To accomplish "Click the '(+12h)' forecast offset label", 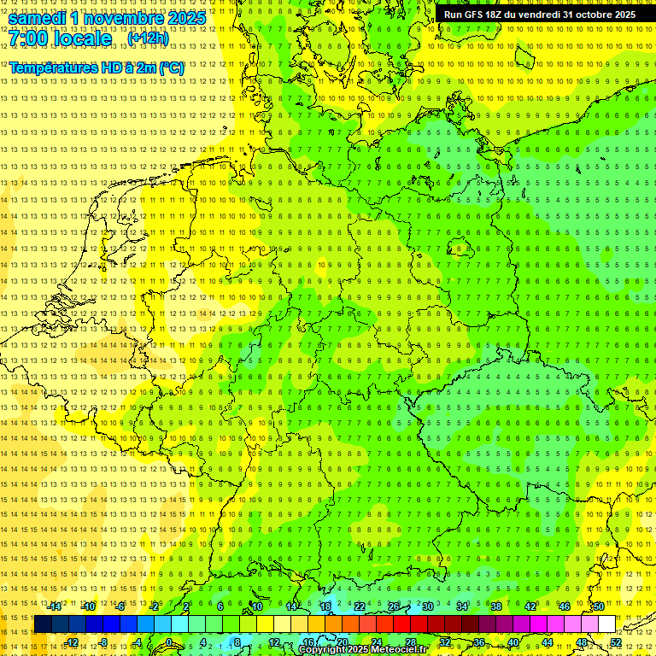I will (148, 38).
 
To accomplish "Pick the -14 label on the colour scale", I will (54, 606).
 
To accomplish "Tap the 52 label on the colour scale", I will (616, 642).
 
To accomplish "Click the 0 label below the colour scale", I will (169, 642).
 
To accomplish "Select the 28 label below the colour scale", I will (411, 642).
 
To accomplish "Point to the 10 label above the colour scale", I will (256, 606).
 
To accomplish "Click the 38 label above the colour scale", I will (495, 606).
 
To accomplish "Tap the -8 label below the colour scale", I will (104, 642).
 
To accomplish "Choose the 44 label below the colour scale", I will (548, 642).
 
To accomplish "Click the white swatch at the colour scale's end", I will (606, 624).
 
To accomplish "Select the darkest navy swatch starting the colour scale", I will (43, 624).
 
